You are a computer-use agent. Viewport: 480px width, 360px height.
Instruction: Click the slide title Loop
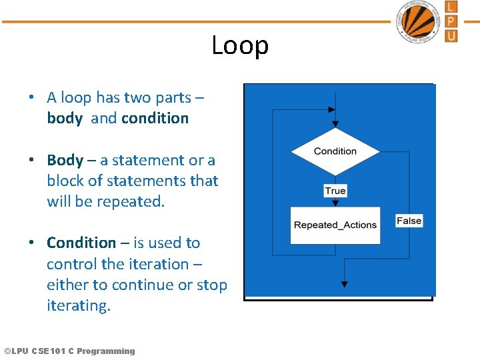[240, 45]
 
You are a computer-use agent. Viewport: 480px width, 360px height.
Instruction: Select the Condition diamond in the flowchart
[335, 151]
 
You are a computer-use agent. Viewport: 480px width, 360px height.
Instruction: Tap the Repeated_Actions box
[335, 225]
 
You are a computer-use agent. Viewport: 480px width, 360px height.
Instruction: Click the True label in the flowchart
[335, 191]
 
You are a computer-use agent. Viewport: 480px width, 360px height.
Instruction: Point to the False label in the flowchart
[409, 221]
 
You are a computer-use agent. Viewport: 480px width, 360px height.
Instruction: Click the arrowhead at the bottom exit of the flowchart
[344, 284]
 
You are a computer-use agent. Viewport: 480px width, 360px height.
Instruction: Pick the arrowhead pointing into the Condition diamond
[335, 123]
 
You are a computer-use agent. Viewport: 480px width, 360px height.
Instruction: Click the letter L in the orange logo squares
[451, 7]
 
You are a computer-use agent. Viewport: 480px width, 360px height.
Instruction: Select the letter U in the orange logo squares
[451, 35]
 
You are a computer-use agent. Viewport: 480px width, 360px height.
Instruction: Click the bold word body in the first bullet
[65, 119]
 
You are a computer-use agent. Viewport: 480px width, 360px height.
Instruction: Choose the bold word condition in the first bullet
[155, 119]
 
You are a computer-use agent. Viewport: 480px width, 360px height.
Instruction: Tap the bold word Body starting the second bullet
[65, 160]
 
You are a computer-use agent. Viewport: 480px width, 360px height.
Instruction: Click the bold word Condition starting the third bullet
[81, 243]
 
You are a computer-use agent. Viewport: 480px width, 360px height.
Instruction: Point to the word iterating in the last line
[77, 306]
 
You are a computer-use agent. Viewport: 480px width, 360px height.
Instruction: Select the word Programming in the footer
[105, 351]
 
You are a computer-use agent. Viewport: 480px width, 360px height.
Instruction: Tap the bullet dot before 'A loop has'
[31, 97]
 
